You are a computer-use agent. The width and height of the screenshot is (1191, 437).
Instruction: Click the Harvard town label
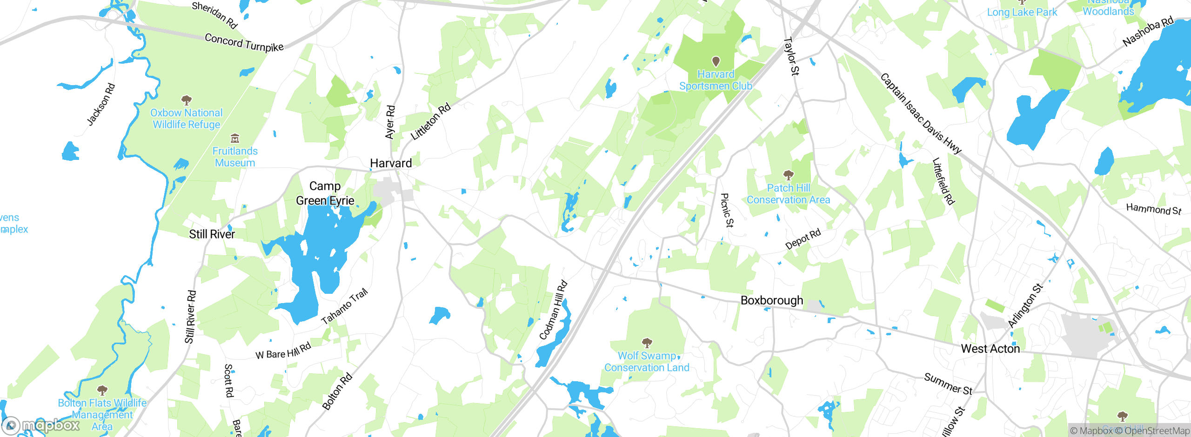click(x=391, y=163)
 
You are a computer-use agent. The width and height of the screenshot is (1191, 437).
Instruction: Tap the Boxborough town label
click(x=772, y=300)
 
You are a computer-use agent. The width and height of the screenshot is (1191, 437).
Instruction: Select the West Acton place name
click(x=990, y=349)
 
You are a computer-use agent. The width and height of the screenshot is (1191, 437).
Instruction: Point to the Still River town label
click(x=212, y=234)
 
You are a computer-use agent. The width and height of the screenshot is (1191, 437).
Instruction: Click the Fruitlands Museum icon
click(x=235, y=139)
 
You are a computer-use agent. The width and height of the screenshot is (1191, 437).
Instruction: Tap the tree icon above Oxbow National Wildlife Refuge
click(x=187, y=100)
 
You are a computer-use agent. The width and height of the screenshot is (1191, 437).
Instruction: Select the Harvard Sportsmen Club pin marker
click(x=716, y=61)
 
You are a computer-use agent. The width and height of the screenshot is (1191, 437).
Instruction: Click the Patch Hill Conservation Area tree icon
click(x=788, y=175)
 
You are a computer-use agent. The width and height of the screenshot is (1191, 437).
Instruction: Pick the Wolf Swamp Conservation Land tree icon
click(x=647, y=343)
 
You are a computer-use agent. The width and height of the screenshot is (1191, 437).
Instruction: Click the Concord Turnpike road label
click(x=244, y=43)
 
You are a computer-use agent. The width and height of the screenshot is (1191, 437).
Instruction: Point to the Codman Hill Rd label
click(x=553, y=310)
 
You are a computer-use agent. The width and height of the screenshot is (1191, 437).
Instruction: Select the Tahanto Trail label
click(x=345, y=306)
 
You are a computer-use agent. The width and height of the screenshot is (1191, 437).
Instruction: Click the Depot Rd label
click(x=803, y=239)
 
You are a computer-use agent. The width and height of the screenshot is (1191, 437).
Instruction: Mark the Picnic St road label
click(x=726, y=210)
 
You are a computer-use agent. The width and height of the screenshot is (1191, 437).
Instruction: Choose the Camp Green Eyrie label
click(x=325, y=193)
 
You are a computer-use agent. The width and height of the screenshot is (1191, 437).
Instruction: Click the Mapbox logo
click(x=41, y=425)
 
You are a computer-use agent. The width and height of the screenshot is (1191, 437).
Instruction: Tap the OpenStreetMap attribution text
click(x=1156, y=431)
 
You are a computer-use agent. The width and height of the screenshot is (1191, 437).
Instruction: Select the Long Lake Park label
click(x=1022, y=13)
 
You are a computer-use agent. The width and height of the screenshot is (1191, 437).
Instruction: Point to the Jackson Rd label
click(x=101, y=105)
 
